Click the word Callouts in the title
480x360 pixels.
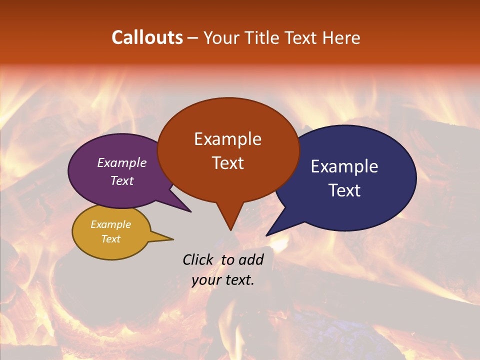[147, 37]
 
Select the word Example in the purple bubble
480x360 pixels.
[122, 162]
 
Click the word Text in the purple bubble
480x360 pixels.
[122, 180]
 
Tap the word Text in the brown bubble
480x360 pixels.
[227, 163]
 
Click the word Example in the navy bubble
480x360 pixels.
[344, 166]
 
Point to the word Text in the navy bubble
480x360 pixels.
[344, 190]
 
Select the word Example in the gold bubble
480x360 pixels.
[110, 224]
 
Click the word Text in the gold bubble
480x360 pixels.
[110, 239]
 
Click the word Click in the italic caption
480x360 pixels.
[198, 259]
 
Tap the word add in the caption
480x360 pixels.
[251, 259]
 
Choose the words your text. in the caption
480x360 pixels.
[223, 280]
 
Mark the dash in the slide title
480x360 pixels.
[193, 38]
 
